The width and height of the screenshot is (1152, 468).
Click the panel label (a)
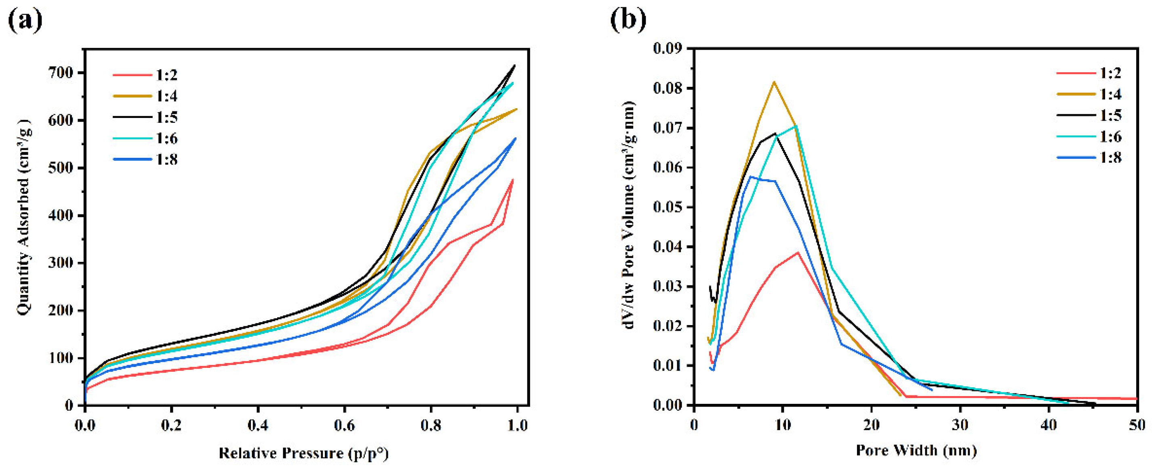pyautogui.click(x=25, y=20)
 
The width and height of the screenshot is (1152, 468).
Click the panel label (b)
pyautogui.click(x=628, y=20)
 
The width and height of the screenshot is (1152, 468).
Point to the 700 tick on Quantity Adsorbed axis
pyautogui.click(x=63, y=73)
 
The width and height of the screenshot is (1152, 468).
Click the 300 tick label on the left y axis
pyautogui.click(x=63, y=263)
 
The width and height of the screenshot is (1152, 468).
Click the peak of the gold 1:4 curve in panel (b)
pyautogui.click(x=774, y=82)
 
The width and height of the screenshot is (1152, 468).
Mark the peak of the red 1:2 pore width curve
pyautogui.click(x=798, y=252)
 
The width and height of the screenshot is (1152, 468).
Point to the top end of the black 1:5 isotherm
pyautogui.click(x=515, y=65)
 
